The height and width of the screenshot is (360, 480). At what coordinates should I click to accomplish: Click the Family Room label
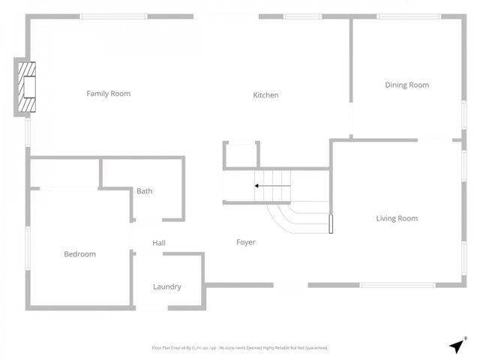[109, 94]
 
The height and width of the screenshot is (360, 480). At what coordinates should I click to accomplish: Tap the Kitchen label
[265, 95]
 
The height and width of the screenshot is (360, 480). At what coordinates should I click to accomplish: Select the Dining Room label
[406, 85]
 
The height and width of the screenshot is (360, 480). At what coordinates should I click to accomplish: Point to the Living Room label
[396, 218]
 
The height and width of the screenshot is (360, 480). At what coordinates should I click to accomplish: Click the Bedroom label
[79, 254]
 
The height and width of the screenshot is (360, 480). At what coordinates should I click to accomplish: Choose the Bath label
[145, 191]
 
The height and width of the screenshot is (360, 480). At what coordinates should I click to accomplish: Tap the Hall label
[159, 243]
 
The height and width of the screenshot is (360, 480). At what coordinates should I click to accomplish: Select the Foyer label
[246, 242]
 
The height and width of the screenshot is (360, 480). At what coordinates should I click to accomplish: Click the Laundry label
[166, 286]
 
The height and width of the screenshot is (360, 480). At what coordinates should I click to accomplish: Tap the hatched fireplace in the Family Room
[28, 88]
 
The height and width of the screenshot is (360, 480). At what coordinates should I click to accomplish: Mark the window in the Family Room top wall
[113, 16]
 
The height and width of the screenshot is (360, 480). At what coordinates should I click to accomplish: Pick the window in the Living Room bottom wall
[397, 285]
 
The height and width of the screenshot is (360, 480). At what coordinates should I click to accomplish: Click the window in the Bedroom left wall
[28, 247]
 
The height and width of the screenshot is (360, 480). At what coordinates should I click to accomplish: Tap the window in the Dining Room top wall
[409, 16]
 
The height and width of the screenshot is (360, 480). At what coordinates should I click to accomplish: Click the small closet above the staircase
[241, 155]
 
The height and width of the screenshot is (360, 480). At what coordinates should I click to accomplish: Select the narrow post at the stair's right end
[330, 224]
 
